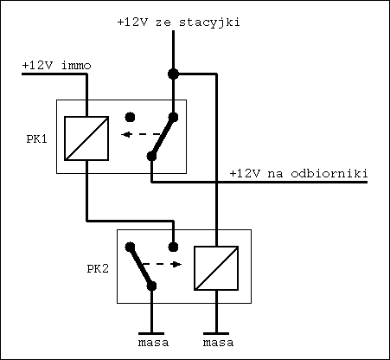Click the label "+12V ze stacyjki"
click(x=177, y=22)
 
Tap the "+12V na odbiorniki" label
click(x=298, y=174)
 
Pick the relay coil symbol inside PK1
click(x=87, y=138)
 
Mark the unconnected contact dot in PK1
click(x=130, y=115)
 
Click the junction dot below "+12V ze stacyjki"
click(x=173, y=74)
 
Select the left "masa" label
click(x=152, y=344)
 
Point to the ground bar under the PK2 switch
click(x=152, y=331)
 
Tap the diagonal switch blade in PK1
click(x=163, y=136)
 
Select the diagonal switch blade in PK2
click(x=140, y=266)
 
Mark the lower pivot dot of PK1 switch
click(x=151, y=157)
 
